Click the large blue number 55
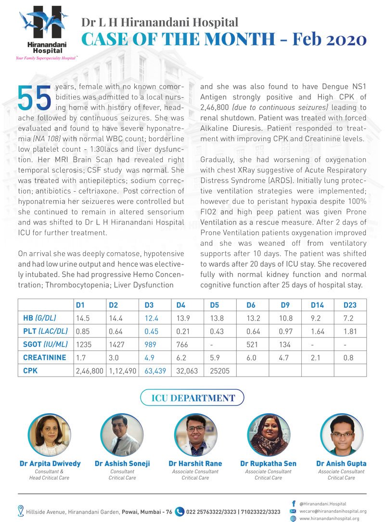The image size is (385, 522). tap(35, 97)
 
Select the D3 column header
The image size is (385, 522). tap(149, 305)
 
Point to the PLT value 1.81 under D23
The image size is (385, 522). tap(349, 332)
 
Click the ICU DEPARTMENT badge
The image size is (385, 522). tap(192, 398)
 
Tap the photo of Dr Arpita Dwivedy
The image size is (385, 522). tap(50, 435)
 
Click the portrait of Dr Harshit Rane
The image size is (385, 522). tap(195, 435)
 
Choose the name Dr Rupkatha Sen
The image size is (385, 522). tap(268, 463)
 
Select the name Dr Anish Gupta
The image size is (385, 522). tap(341, 463)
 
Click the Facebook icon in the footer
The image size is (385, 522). tap(294, 503)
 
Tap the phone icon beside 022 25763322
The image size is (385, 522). tap(180, 511)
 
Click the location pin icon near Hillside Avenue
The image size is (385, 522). tap(21, 511)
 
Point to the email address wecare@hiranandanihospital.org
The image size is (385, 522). tap(333, 511)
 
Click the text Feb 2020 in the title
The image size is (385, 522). tap(333, 39)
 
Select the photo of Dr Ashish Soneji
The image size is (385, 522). tap(122, 435)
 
